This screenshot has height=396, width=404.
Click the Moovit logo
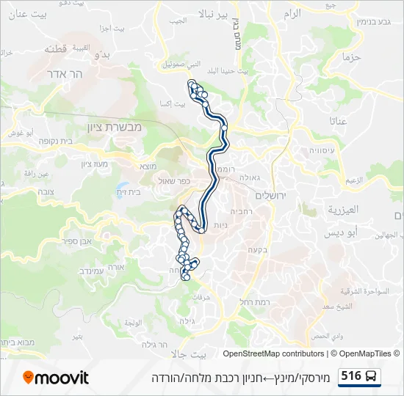pyautogui.click(x=56, y=378)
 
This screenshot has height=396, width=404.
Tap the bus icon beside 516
pyautogui.click(x=372, y=376)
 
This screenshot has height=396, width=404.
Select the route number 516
pyautogui.click(x=351, y=376)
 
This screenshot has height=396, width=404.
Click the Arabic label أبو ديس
pyautogui.click(x=344, y=232)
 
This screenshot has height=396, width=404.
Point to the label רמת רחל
pyautogui.click(x=256, y=302)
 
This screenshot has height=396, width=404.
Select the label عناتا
pyautogui.click(x=339, y=120)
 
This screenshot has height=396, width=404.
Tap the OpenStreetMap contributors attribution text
pyautogui.click(x=273, y=353)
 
